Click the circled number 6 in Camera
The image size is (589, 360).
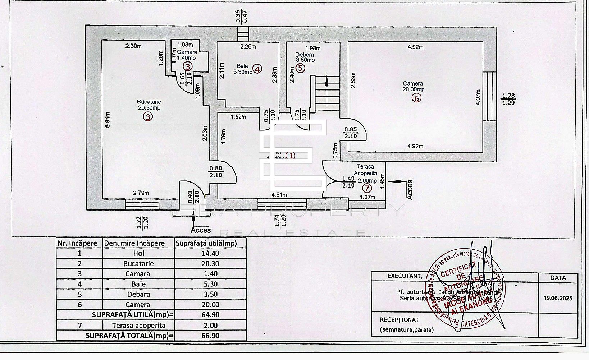point(416,98)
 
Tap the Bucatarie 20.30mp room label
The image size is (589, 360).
point(149,105)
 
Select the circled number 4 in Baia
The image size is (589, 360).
point(257,69)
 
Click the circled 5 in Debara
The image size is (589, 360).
point(301,68)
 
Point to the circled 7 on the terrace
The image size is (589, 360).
point(367,188)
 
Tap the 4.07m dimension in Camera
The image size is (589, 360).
point(478,97)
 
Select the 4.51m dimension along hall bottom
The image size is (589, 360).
point(279,195)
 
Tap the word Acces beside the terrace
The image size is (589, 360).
point(410,190)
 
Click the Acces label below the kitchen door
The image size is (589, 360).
point(201,230)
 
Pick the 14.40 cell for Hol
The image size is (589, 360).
point(210,253)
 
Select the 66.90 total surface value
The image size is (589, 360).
point(210,336)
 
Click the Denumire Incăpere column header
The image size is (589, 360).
point(134,243)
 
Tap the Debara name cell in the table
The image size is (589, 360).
point(138,294)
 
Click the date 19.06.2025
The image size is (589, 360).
point(558,298)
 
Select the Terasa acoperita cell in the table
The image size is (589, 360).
point(138,326)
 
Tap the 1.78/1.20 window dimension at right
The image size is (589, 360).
point(508,99)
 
